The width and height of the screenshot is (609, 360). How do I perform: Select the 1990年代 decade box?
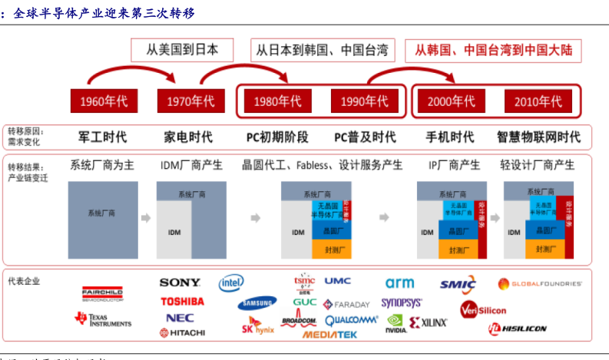pyautogui.click(x=361, y=101)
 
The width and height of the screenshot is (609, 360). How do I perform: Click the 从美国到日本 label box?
pyautogui.click(x=183, y=51)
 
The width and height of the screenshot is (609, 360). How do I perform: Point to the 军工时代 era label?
pyautogui.click(x=103, y=137)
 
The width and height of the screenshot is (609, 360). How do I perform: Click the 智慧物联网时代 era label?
pyautogui.click(x=538, y=137)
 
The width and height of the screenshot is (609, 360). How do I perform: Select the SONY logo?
pyautogui.click(x=180, y=283)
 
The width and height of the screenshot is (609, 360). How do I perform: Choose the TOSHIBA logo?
pyautogui.click(x=182, y=301)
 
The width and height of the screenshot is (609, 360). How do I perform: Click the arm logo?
pyautogui.click(x=399, y=283)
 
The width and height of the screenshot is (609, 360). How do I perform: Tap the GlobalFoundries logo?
pyautogui.click(x=541, y=283)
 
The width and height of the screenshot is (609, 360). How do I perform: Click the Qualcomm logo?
pyautogui.click(x=352, y=319)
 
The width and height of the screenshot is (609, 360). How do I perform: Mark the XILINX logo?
pyautogui.click(x=428, y=323)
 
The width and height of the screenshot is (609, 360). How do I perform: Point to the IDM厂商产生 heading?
pyautogui.click(x=190, y=165)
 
